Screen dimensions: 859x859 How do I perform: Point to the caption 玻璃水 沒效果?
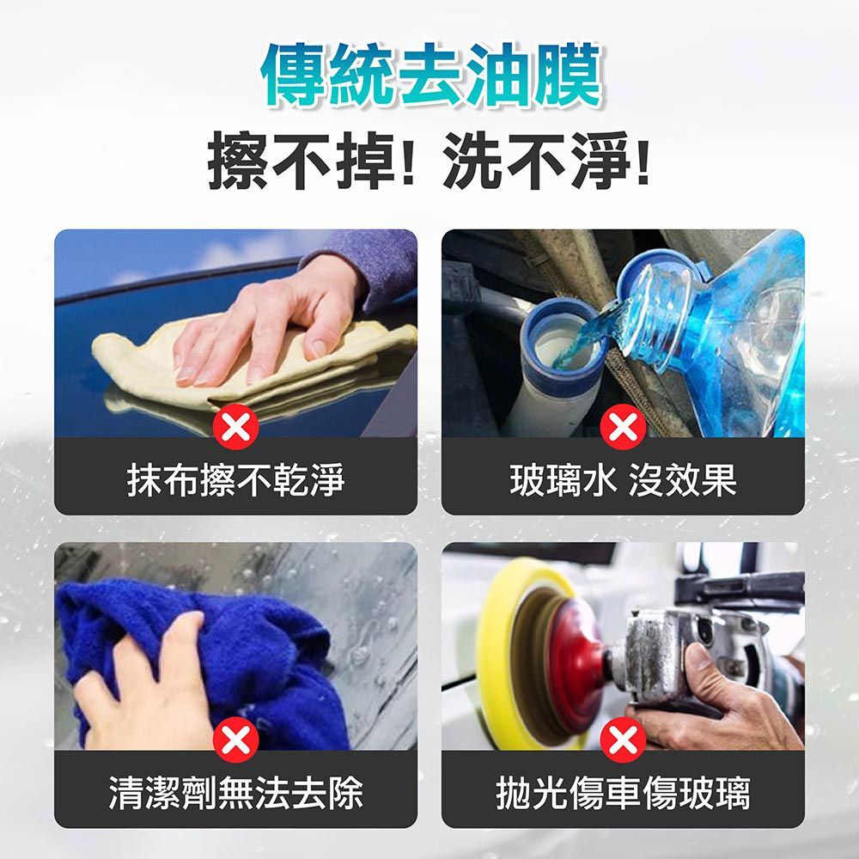pyautogui.click(x=623, y=479)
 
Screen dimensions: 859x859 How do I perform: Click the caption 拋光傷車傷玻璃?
pyautogui.click(x=623, y=792)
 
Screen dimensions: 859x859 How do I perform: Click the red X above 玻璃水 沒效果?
pyautogui.click(x=623, y=427)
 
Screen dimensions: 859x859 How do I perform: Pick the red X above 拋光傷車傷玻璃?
pyautogui.click(x=623, y=740)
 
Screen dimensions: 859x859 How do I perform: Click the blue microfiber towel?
pyautogui.click(x=258, y=653)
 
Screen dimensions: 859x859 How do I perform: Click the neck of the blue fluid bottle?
pyautogui.click(x=657, y=296)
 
